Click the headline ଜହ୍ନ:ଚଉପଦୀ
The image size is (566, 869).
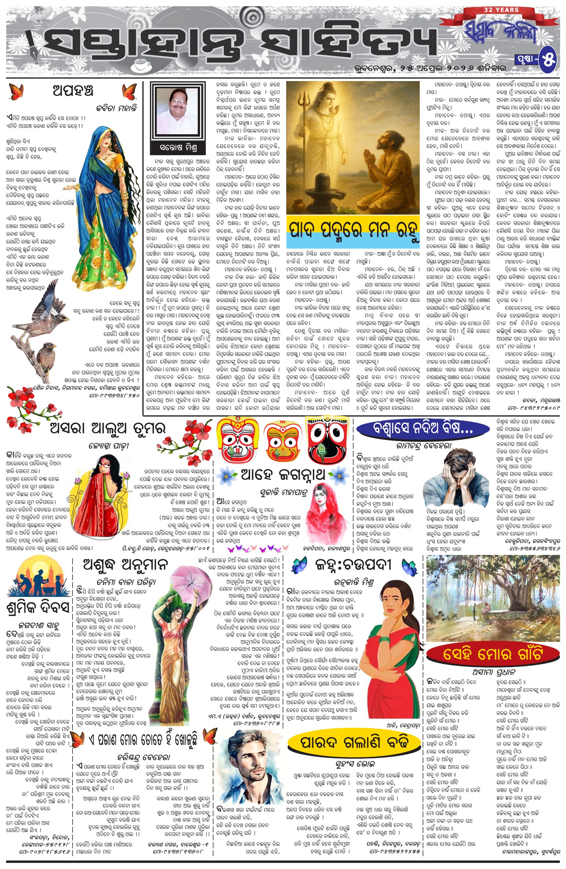tap(353, 565)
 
